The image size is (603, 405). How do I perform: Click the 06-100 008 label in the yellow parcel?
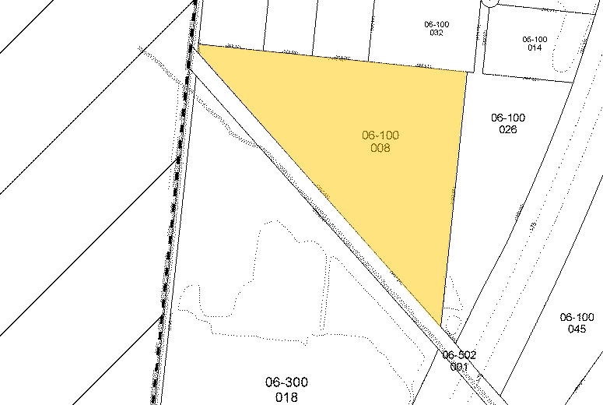[x=380, y=141]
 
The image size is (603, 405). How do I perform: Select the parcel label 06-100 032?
[x=436, y=28]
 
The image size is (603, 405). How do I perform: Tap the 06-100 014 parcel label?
[x=535, y=43]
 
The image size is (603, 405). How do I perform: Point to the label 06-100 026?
[x=508, y=123]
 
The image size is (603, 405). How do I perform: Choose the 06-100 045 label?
[x=577, y=322]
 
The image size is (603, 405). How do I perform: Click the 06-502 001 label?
[x=459, y=361]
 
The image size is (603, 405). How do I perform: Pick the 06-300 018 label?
[x=286, y=388]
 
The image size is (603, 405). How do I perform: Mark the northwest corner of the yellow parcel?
[x=199, y=45]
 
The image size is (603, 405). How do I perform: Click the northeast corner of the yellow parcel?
[x=467, y=71]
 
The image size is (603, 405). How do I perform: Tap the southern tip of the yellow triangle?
[x=441, y=325]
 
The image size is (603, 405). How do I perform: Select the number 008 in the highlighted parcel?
[x=380, y=147]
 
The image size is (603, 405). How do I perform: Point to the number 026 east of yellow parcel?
[x=508, y=129]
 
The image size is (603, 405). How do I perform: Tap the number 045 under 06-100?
[x=577, y=329]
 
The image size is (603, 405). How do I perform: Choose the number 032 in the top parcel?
[x=436, y=33]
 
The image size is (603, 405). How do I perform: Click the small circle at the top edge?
[x=489, y=2]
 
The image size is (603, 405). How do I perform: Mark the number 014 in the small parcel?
[x=535, y=48]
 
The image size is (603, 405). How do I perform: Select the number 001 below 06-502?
[x=459, y=366]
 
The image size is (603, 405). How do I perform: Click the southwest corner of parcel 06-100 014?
[x=482, y=72]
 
